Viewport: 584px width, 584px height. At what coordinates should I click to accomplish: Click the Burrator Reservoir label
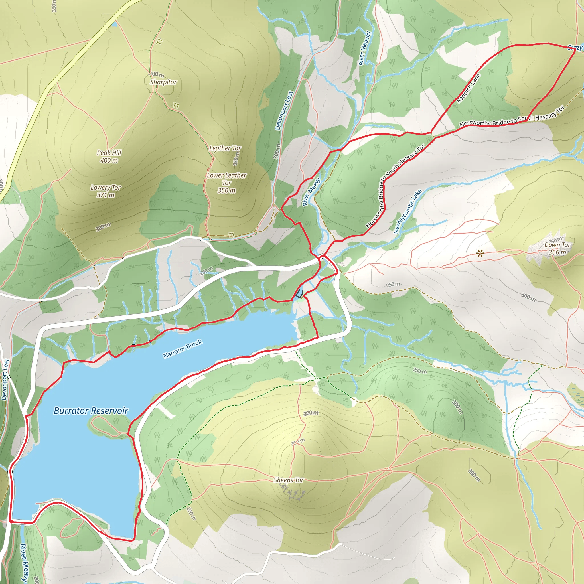tap(91, 411)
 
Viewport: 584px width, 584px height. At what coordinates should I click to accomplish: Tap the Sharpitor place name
tap(163, 82)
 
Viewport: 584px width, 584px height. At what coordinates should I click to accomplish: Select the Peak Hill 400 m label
tap(109, 157)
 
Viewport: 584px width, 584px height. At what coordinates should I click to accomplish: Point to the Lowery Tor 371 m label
tap(106, 191)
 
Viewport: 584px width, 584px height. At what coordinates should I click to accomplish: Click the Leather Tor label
tap(225, 148)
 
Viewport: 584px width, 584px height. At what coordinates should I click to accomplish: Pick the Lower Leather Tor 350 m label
tap(226, 183)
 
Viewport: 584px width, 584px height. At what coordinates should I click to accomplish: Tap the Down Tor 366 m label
tap(557, 248)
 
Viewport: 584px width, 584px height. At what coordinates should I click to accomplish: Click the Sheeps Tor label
tap(288, 480)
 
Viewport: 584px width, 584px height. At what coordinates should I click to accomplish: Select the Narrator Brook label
tap(182, 349)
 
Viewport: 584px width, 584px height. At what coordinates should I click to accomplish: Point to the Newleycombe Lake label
tap(407, 212)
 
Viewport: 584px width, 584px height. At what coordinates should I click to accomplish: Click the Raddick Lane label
tap(468, 88)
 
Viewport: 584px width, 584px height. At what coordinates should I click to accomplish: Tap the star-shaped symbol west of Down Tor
tap(480, 253)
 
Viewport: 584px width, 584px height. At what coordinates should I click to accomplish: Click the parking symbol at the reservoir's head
tap(299, 293)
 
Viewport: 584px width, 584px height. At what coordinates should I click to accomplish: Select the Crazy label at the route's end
tap(575, 47)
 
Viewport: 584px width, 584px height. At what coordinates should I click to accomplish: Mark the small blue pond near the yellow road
tap(114, 24)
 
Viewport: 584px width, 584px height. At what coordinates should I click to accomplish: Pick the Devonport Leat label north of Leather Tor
tap(284, 111)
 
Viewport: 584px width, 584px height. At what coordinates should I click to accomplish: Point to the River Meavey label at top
tap(364, 48)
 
